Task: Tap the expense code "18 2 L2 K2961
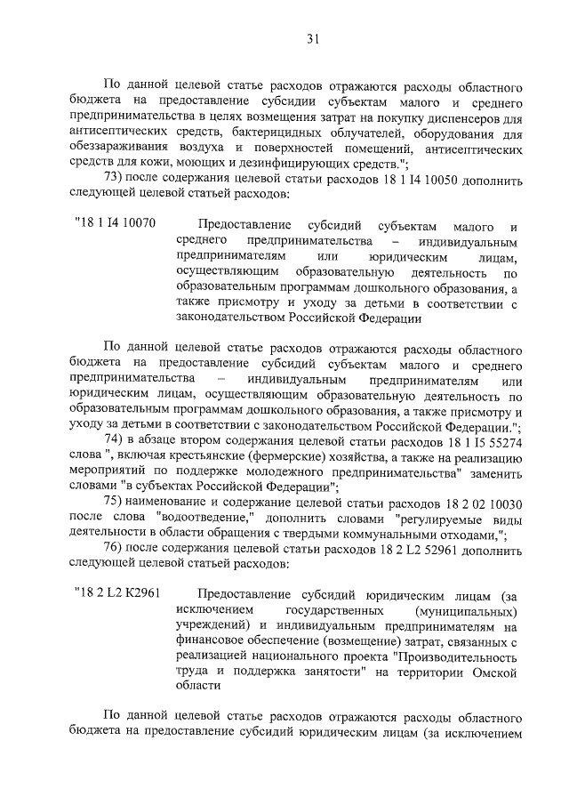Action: [118, 593]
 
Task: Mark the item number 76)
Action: [116, 550]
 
